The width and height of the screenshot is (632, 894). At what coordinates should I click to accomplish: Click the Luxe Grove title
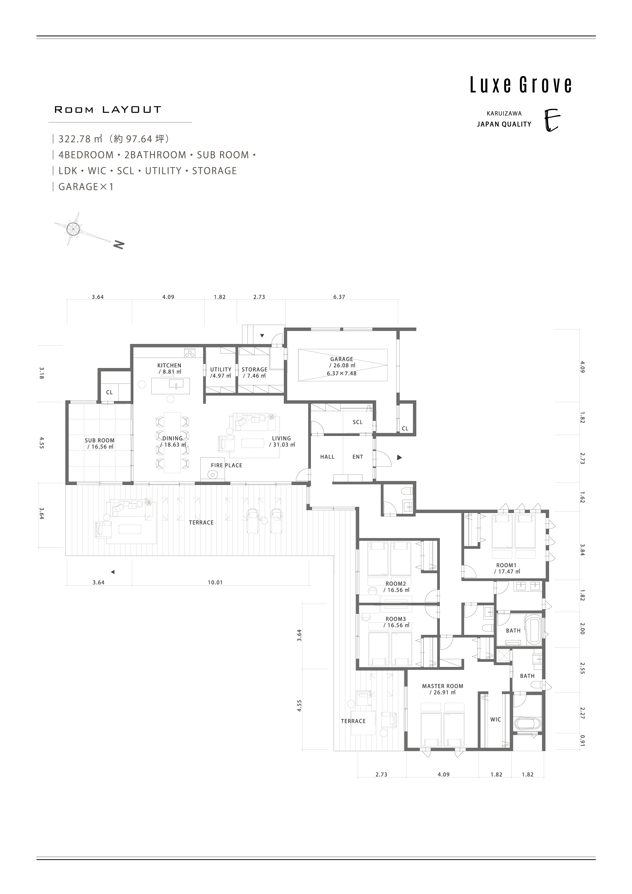pyautogui.click(x=521, y=85)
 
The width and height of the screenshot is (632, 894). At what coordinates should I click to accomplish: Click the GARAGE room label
pyautogui.click(x=342, y=359)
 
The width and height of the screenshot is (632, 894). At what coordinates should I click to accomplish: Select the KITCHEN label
pyautogui.click(x=169, y=365)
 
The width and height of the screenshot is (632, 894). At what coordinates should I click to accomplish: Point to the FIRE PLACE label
pyautogui.click(x=227, y=465)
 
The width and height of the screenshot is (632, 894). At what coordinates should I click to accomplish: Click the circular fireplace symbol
pyautogui.click(x=213, y=475)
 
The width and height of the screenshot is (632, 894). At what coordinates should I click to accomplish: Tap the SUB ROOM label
pyautogui.click(x=100, y=441)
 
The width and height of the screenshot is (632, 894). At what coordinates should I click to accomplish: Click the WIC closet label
pyautogui.click(x=496, y=719)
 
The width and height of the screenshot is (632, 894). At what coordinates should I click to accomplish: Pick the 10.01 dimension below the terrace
pyautogui.click(x=215, y=582)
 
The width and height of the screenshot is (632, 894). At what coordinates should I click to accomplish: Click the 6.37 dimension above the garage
pyautogui.click(x=339, y=297)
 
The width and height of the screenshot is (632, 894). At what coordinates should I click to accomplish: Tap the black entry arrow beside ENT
pyautogui.click(x=399, y=457)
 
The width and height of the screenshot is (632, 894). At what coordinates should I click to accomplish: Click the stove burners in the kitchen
pyautogui.click(x=190, y=354)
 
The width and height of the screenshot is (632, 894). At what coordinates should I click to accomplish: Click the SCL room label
pyautogui.click(x=357, y=422)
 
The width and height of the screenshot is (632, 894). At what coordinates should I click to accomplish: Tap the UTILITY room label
pyautogui.click(x=221, y=369)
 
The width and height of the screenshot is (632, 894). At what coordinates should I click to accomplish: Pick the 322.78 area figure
pyautogui.click(x=74, y=139)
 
